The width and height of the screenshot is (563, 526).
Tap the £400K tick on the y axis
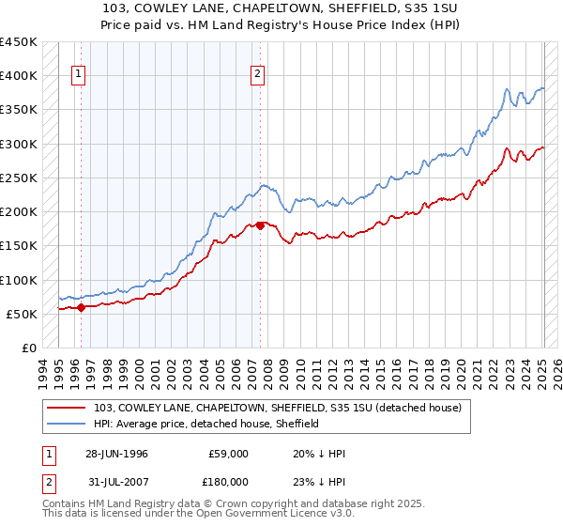tap(19, 76)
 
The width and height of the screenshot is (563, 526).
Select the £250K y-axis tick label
tap(19, 178)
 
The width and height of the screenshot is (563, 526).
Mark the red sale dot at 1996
tap(81, 306)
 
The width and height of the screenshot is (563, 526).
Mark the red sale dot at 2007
tap(260, 225)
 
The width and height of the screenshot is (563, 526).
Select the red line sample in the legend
tap(67, 408)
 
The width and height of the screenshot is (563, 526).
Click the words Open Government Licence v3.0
tap(256, 516)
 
